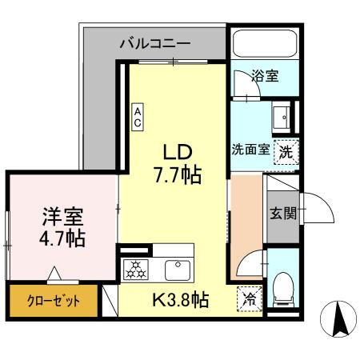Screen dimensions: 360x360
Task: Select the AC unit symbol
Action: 138,117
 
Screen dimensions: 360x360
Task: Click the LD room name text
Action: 177,150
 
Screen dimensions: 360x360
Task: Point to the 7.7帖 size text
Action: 177,172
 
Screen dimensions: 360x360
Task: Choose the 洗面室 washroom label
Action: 250,150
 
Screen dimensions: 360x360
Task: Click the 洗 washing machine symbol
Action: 284,150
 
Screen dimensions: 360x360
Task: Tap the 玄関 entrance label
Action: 282,214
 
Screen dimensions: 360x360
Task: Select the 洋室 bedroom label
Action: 62,215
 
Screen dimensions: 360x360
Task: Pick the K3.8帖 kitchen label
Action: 181,301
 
